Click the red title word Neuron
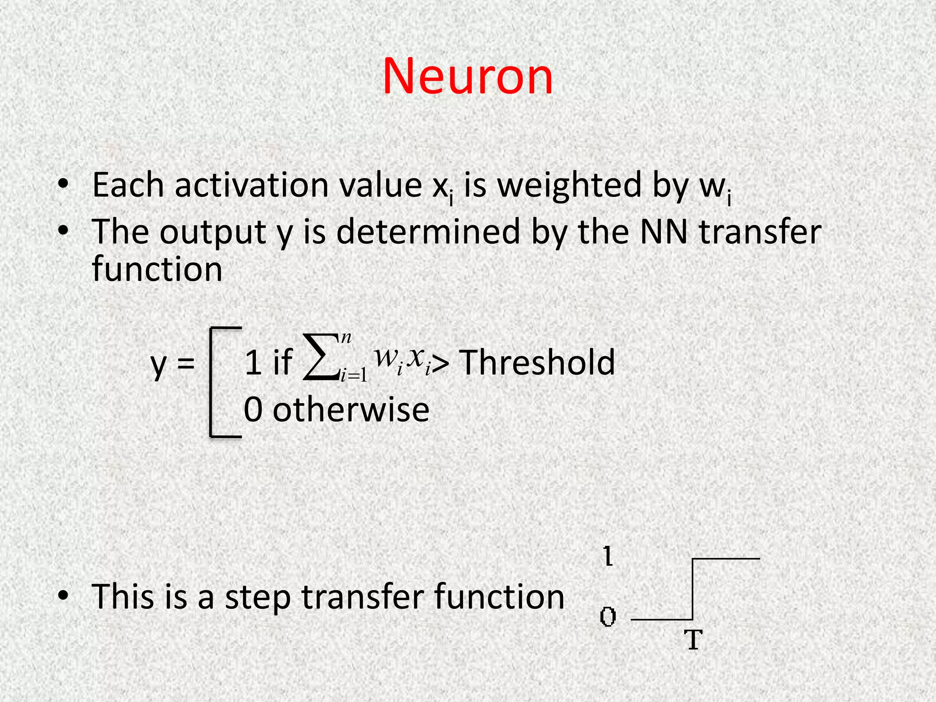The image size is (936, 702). (467, 76)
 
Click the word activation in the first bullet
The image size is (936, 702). (251, 186)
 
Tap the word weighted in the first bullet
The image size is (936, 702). (569, 186)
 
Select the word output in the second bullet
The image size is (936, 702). (213, 232)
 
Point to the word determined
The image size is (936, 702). (428, 232)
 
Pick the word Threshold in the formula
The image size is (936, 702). (537, 362)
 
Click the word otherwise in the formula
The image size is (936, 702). (351, 409)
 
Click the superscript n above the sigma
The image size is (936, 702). (346, 338)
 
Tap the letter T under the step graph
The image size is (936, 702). (693, 640)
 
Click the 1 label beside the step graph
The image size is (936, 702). (608, 557)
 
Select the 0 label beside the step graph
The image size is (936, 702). (608, 617)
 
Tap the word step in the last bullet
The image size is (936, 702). (258, 598)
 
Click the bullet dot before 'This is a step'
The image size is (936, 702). (64, 595)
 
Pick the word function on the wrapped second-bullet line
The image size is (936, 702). (157, 269)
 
